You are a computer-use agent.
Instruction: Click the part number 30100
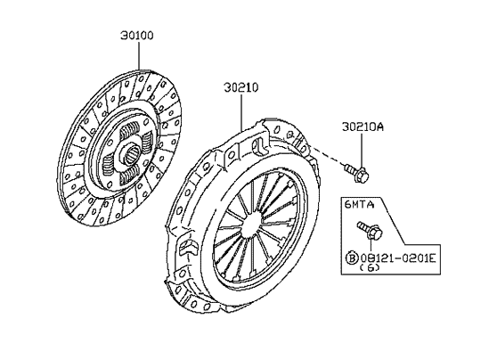pos(137,36)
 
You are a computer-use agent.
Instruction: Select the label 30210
pos(241,88)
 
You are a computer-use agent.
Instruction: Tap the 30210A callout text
pos(363,127)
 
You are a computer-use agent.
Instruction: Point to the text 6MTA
pos(360,204)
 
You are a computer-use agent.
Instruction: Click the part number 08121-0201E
pos(398,258)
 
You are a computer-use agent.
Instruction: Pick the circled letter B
pos(352,258)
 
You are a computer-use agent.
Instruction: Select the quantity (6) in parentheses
pos(370,268)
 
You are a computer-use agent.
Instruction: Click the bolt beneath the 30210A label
pos(356,173)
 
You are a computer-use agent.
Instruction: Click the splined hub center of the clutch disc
pos(131,152)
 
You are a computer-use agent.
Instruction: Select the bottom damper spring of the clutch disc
pos(129,176)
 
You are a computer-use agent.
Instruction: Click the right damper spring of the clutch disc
pos(147,143)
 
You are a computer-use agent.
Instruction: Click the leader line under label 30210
pos(241,112)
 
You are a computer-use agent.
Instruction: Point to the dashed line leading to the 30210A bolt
pos(328,157)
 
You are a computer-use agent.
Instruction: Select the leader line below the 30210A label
pos(362,151)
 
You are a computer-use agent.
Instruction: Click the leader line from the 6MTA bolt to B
pos(371,245)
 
